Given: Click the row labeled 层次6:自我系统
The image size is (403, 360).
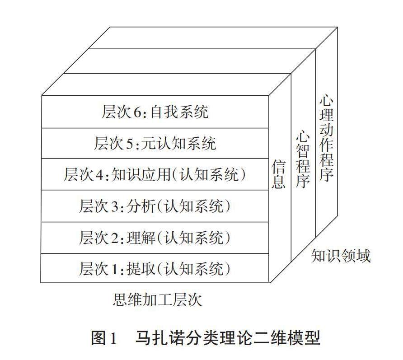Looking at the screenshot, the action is tap(155, 112).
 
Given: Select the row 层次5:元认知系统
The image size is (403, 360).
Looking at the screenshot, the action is tap(155, 144).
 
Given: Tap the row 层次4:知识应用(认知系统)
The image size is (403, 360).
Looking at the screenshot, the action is tap(155, 175).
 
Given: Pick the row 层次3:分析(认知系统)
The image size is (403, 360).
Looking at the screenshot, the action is tap(155, 206).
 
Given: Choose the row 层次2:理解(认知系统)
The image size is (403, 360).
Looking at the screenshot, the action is tap(155, 238).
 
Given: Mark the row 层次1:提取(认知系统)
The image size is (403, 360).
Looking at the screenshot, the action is tap(155, 269).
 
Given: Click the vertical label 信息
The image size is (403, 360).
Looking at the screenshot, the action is tap(278, 173).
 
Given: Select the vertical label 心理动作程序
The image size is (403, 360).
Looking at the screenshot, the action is tap(326, 138).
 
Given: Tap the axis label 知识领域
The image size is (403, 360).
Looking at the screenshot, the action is tap(341, 256).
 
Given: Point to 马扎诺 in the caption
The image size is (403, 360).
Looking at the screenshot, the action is tap(153, 337).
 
